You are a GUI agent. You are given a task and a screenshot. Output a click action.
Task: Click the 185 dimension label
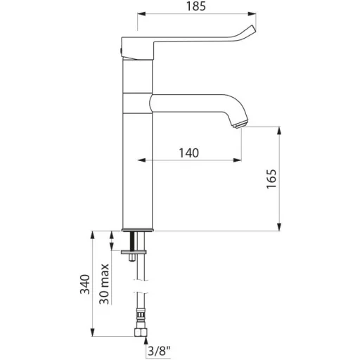click(x=196, y=6)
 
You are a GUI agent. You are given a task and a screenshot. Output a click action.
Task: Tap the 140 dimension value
click(x=189, y=153)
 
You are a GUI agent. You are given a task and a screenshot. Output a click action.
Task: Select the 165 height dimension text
click(x=271, y=179)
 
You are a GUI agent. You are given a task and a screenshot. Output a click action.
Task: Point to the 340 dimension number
click(x=85, y=284)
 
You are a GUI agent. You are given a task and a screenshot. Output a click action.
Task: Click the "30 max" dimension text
click(x=104, y=284)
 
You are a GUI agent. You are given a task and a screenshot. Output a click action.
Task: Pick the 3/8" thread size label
click(x=159, y=352)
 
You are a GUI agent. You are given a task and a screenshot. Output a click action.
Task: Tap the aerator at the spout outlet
click(x=240, y=124)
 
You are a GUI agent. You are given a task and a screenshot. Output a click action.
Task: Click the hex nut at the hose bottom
click(x=141, y=333)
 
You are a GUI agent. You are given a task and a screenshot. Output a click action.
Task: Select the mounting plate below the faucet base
click(x=134, y=252)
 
